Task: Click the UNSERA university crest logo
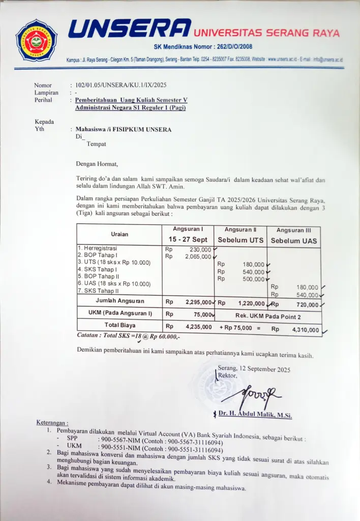tap(36, 40)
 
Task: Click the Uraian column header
tap(119, 235)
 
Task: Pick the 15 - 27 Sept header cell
tap(188, 239)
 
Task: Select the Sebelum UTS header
tap(241, 240)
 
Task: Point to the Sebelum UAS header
tap(294, 241)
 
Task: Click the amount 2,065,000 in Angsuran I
tap(198, 257)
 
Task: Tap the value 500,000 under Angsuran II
tap(253, 279)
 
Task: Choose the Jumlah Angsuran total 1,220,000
tap(251, 303)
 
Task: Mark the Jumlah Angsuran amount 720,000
tap(305, 305)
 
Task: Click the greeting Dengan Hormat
tap(97, 164)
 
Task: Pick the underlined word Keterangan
tap(52, 423)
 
